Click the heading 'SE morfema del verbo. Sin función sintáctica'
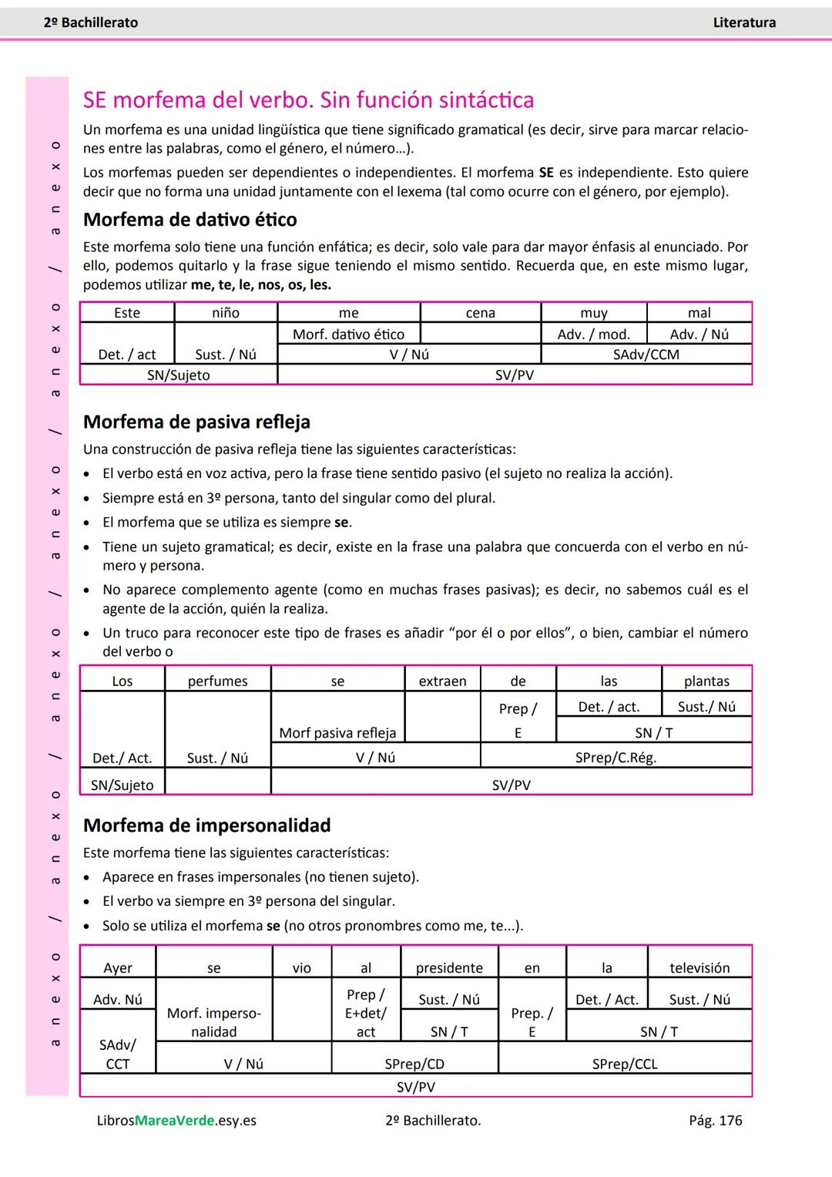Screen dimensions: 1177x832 click(x=308, y=100)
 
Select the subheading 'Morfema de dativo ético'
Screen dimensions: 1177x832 click(x=190, y=220)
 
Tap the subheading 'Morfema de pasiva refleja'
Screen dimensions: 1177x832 click(x=196, y=422)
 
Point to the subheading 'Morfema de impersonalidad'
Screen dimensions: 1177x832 click(x=206, y=826)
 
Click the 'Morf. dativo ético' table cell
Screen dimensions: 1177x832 click(x=348, y=334)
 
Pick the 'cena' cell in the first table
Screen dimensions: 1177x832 click(x=480, y=313)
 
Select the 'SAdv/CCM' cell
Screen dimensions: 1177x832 click(x=646, y=355)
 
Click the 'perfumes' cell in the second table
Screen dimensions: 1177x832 click(x=217, y=681)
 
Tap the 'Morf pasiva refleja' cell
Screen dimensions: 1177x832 click(x=337, y=732)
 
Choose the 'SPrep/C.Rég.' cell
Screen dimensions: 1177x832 click(x=616, y=758)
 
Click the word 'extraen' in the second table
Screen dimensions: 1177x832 click(x=442, y=681)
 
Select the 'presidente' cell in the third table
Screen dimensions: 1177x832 click(x=449, y=968)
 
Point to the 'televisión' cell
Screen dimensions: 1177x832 click(x=699, y=968)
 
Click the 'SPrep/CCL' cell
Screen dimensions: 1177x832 click(x=625, y=1064)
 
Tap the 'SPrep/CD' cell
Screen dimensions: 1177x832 click(x=414, y=1064)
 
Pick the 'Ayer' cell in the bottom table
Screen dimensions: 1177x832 click(x=118, y=968)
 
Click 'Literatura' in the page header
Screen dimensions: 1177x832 click(x=743, y=23)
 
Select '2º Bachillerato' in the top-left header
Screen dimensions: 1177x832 click(x=91, y=23)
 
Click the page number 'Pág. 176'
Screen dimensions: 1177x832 click(x=715, y=1121)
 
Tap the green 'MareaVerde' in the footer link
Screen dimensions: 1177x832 click(x=174, y=1121)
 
